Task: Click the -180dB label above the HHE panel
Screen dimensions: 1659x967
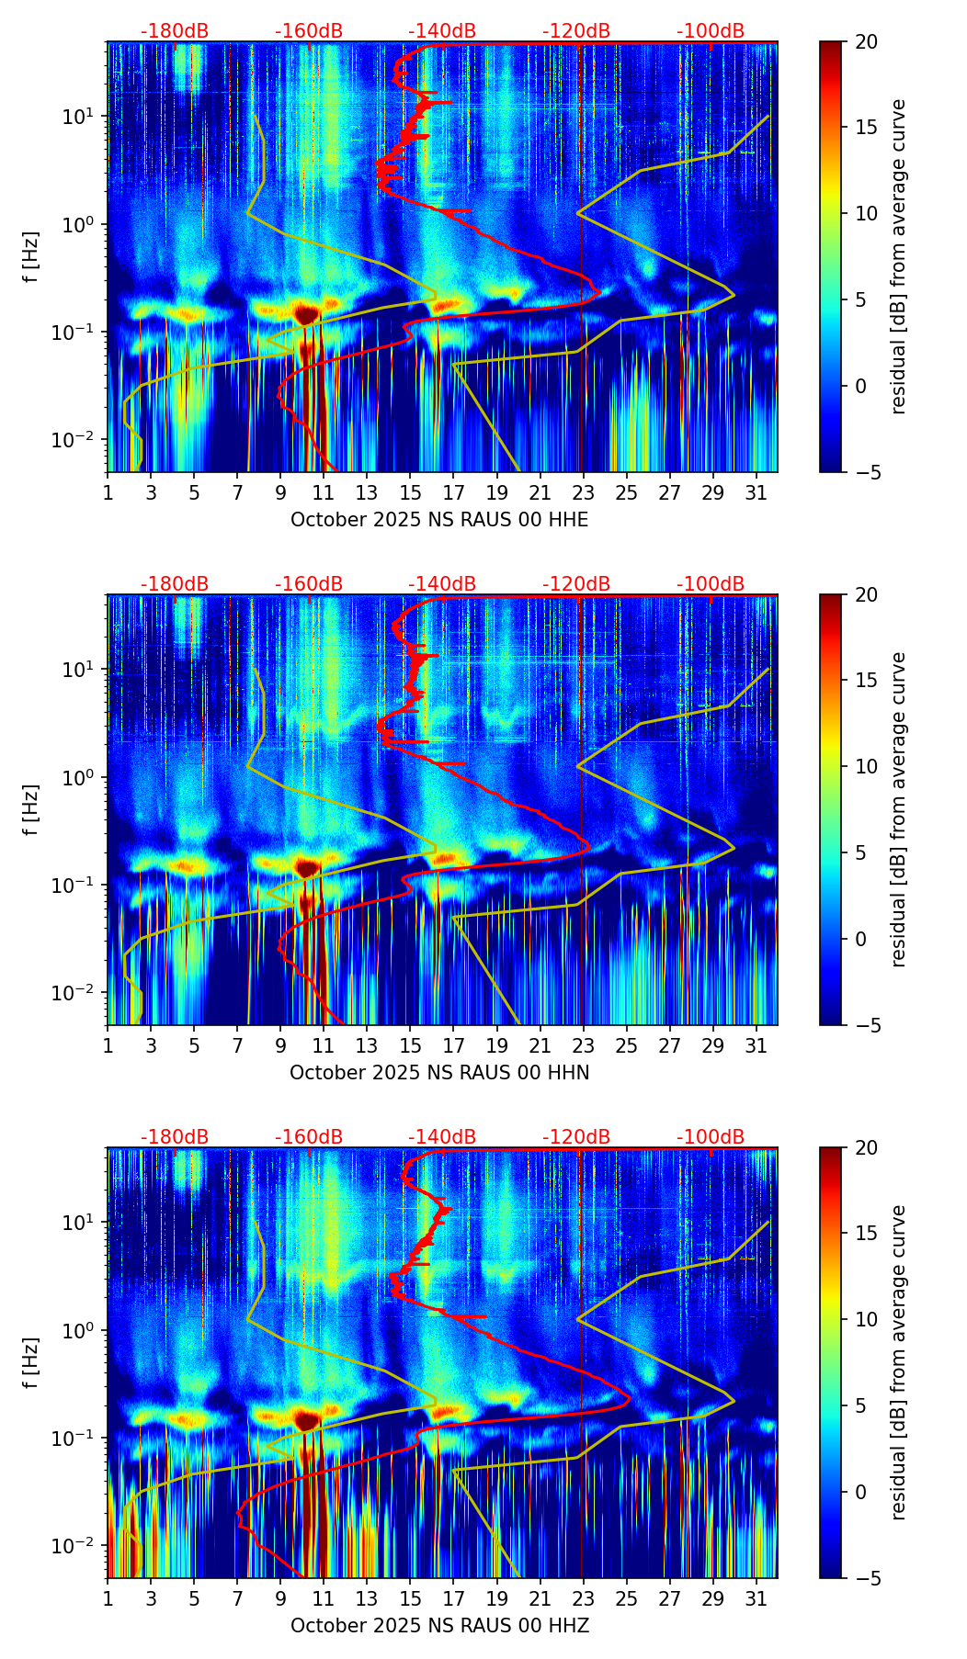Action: point(175,31)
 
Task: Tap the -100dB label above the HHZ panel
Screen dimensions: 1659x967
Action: point(711,1137)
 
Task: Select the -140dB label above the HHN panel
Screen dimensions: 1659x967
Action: point(442,584)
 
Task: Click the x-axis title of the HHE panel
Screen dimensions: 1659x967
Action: point(439,520)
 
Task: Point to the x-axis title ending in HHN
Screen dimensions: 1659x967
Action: point(439,1073)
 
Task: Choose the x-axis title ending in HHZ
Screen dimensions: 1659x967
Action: point(439,1626)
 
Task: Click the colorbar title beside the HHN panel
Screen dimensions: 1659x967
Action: point(899,809)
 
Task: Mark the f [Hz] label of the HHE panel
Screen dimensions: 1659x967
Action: point(31,256)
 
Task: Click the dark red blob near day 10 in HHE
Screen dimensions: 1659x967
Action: point(306,315)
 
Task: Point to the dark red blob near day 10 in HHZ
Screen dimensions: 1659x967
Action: point(306,1421)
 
